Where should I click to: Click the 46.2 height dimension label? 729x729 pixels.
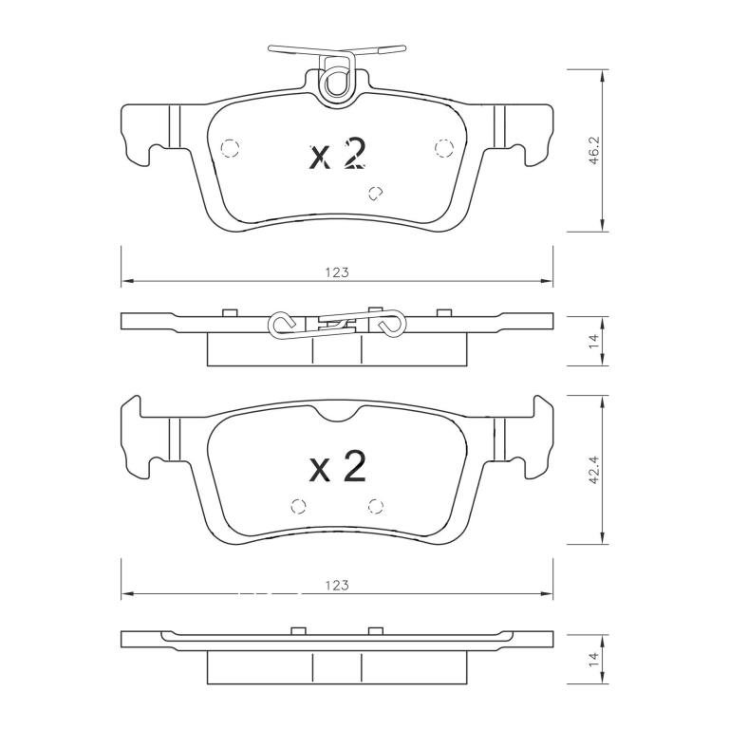click(x=595, y=151)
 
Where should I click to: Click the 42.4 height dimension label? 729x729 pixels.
click(x=595, y=470)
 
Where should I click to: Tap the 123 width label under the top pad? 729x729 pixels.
click(x=337, y=272)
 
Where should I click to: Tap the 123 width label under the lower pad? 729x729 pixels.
click(x=337, y=586)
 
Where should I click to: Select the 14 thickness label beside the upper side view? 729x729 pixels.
click(x=595, y=342)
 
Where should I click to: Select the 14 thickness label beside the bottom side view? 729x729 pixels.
click(x=595, y=661)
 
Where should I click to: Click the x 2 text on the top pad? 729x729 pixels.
click(x=338, y=155)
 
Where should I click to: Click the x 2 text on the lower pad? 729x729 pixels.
click(x=338, y=466)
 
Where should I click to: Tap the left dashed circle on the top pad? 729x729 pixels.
click(x=230, y=148)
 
